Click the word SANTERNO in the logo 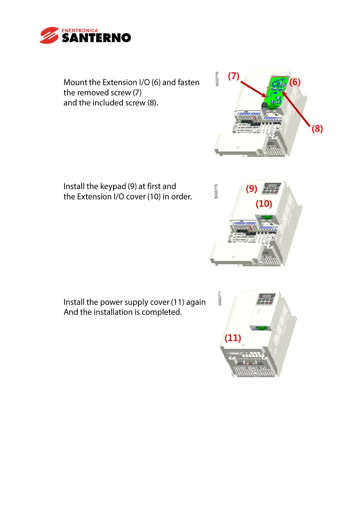[96, 38]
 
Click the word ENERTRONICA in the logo [80, 31]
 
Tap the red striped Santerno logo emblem [49, 35]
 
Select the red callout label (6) [295, 82]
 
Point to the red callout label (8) [317, 129]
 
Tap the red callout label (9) [251, 189]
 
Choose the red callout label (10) [264, 204]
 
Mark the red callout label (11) [233, 338]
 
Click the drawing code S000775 [217, 79]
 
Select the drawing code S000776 [216, 191]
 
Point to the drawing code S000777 [220, 298]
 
